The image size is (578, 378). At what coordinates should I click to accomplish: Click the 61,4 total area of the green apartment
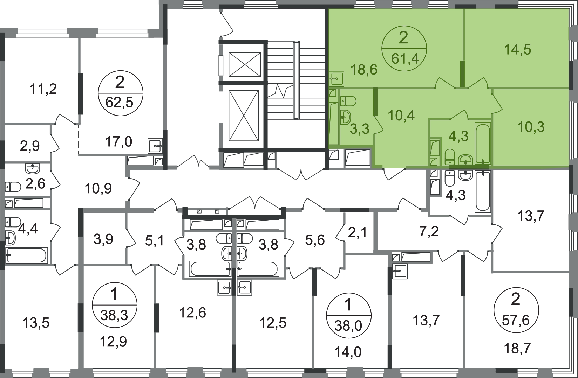pyautogui.click(x=405, y=59)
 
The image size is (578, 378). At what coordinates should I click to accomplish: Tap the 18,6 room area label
pyautogui.click(x=364, y=70)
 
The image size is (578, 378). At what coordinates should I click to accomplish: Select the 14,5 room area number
pyautogui.click(x=518, y=50)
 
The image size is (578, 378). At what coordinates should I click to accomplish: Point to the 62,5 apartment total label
pyautogui.click(x=119, y=103)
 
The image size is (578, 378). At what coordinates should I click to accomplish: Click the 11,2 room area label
pyautogui.click(x=43, y=89)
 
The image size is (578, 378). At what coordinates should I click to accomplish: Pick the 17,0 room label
pyautogui.click(x=119, y=142)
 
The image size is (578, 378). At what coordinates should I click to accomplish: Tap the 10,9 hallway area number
pyautogui.click(x=98, y=189)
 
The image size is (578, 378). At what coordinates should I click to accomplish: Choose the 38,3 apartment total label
pyautogui.click(x=114, y=315)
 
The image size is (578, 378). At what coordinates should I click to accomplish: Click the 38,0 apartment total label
pyautogui.click(x=348, y=326)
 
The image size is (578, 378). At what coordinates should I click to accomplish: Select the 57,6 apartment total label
pyautogui.click(x=516, y=321)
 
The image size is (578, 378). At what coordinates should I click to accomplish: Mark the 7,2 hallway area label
pyautogui.click(x=429, y=232)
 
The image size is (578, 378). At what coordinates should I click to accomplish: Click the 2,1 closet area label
pyautogui.click(x=358, y=233)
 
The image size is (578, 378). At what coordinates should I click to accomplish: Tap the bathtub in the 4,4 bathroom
pyautogui.click(x=27, y=255)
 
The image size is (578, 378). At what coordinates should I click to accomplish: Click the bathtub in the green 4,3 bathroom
pyautogui.click(x=483, y=143)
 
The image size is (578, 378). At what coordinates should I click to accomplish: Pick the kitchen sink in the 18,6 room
pyautogui.click(x=337, y=79)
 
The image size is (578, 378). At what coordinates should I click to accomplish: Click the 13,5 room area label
pyautogui.click(x=36, y=323)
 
